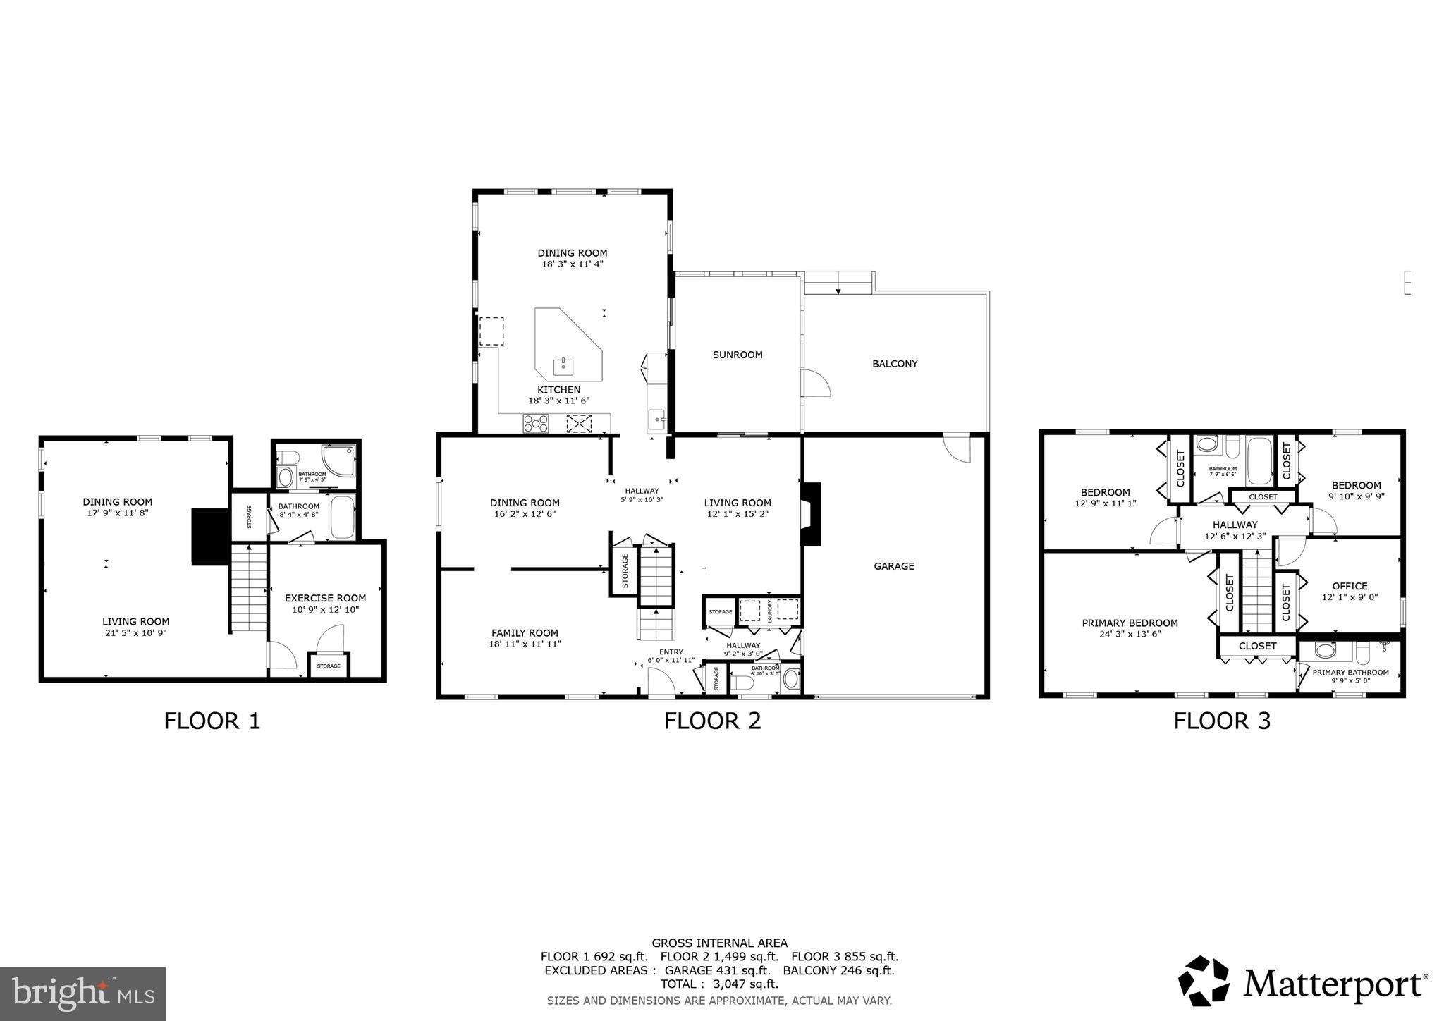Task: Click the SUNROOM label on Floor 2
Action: coord(738,355)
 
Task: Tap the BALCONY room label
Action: coord(895,364)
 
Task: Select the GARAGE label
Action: coord(893,565)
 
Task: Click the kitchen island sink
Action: coord(563,366)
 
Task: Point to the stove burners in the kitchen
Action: coord(535,424)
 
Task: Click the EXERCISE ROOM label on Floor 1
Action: coord(325,598)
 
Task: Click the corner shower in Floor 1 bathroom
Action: coord(337,458)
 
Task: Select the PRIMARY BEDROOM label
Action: coord(1130,623)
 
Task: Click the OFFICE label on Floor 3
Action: coord(1350,586)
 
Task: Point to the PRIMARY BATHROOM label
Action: coord(1350,672)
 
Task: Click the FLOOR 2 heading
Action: coord(712,721)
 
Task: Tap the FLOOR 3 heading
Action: coord(1221,721)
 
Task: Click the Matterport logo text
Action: coord(1333,983)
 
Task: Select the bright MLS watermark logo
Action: coord(82,994)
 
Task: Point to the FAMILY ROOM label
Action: coord(525,633)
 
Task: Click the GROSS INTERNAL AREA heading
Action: coord(719,943)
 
